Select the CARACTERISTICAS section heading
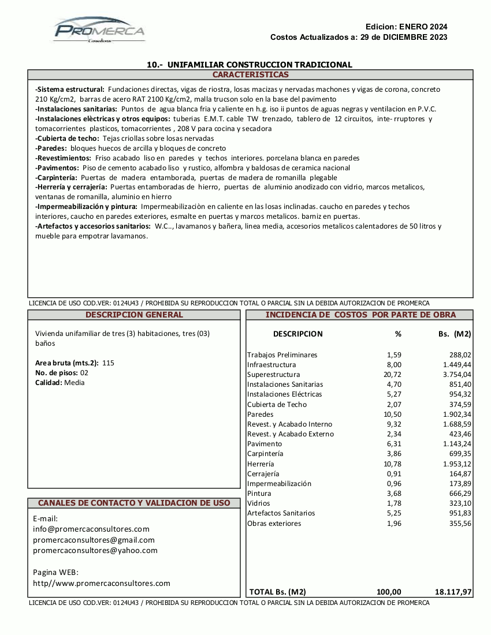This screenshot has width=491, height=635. click(x=250, y=75)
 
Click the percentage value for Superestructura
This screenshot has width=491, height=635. click(x=393, y=375)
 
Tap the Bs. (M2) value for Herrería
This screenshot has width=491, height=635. click(x=456, y=464)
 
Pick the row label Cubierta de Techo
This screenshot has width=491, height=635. click(x=277, y=405)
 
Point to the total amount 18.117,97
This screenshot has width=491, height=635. click(x=453, y=592)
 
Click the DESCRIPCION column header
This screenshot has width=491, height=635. click(x=297, y=334)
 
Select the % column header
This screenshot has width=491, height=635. click(x=397, y=334)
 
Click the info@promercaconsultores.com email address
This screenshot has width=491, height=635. click(x=91, y=529)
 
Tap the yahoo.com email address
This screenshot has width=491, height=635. click(x=95, y=550)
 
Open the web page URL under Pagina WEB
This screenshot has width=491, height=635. click(x=102, y=584)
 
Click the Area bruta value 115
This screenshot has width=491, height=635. click(x=108, y=363)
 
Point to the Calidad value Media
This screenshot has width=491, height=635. click(x=75, y=383)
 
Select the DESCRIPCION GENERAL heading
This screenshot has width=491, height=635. click(x=134, y=315)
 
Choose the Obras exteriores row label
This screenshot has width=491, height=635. click(x=274, y=524)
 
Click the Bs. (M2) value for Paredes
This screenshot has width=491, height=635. click(x=456, y=414)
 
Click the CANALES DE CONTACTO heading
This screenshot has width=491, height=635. click(x=134, y=503)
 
